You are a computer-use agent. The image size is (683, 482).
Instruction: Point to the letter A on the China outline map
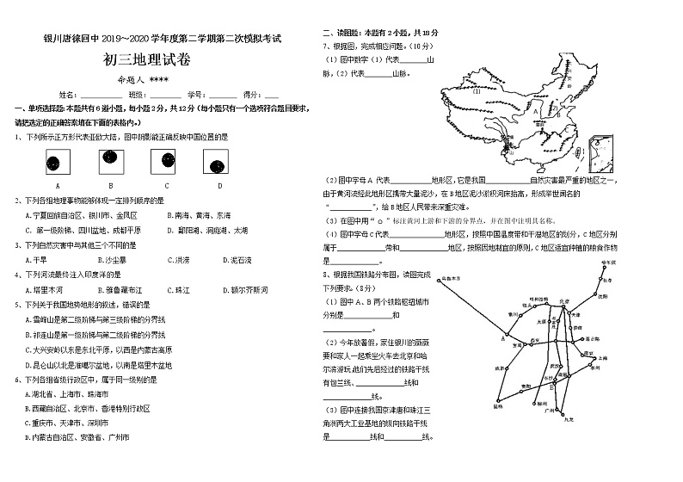coord(535,110)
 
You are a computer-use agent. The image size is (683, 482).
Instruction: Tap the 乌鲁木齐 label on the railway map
coord(450,278)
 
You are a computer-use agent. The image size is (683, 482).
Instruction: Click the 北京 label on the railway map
coord(564,300)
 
